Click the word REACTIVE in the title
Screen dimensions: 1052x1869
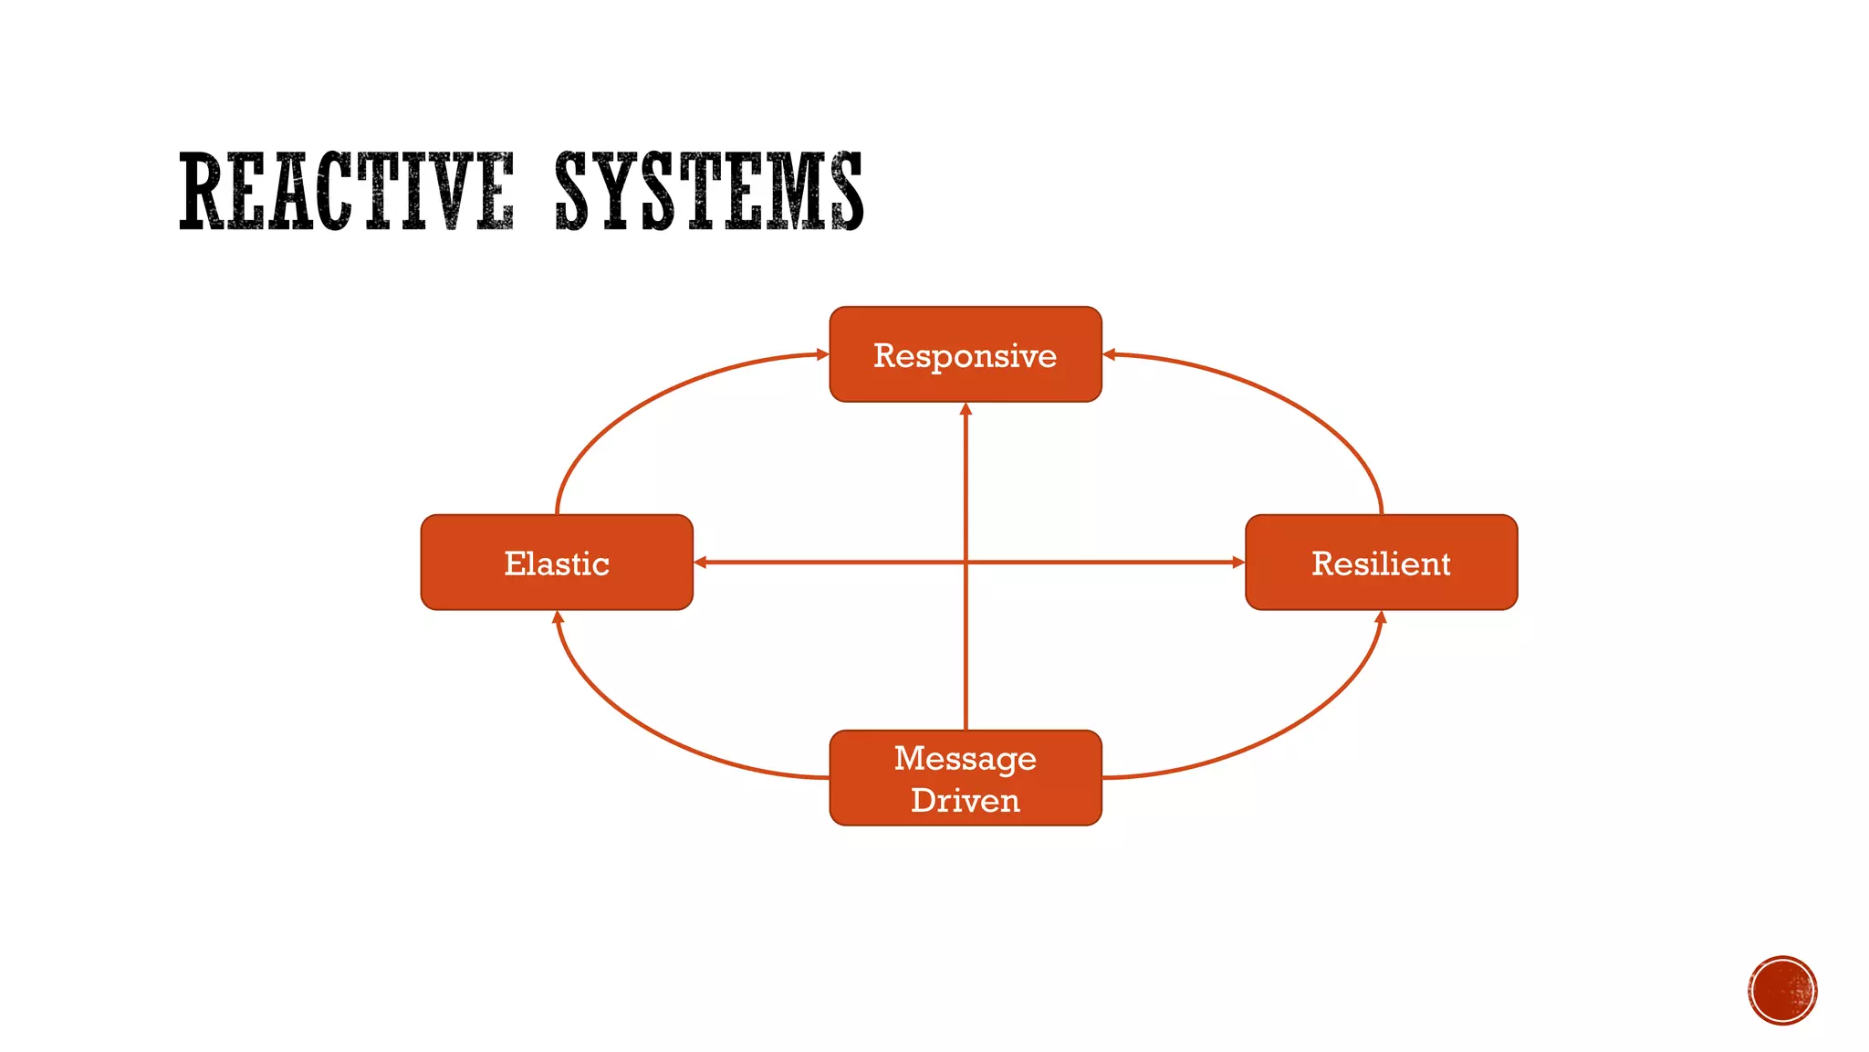pyautogui.click(x=347, y=191)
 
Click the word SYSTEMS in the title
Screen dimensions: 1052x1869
pyautogui.click(x=708, y=191)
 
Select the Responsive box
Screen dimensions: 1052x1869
pyautogui.click(x=965, y=354)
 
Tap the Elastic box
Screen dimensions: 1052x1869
pyautogui.click(x=557, y=563)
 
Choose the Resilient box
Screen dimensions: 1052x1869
pyautogui.click(x=1381, y=563)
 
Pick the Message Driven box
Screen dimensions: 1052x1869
pyautogui.click(x=965, y=778)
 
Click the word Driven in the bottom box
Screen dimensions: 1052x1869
pyautogui.click(x=965, y=800)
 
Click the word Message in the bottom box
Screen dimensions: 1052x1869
pyautogui.click(x=965, y=758)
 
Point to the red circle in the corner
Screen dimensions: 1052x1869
pyautogui.click(x=1782, y=990)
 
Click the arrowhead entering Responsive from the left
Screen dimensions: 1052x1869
pyautogui.click(x=822, y=354)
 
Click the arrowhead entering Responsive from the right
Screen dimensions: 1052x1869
pyautogui.click(x=1110, y=354)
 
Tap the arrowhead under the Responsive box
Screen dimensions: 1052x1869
pyautogui.click(x=966, y=409)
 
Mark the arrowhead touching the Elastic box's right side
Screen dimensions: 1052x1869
pyautogui.click(x=701, y=563)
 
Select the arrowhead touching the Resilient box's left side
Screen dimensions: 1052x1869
pyautogui.click(x=1238, y=563)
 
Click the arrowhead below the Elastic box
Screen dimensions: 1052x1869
pyautogui.click(x=558, y=617)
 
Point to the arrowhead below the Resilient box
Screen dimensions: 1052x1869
pyautogui.click(x=1380, y=617)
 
